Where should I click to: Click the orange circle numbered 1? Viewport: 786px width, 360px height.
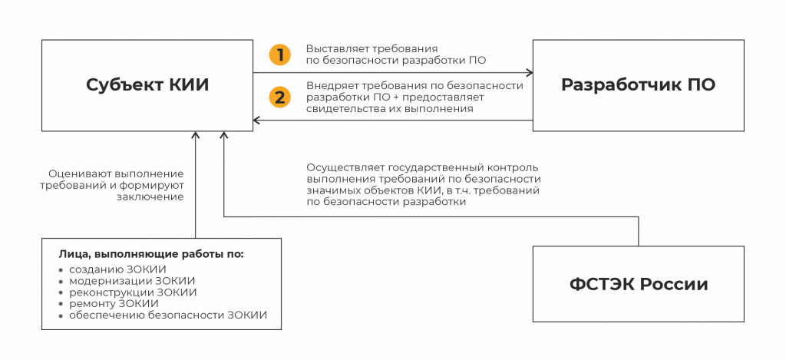[280, 54]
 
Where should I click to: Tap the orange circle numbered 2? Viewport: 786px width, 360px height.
[280, 97]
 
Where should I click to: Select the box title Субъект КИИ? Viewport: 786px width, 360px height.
[147, 85]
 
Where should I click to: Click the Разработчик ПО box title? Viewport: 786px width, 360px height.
[638, 84]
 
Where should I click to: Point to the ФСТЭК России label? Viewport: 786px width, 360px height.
[639, 284]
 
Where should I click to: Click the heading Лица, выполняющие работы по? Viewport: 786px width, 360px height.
[151, 254]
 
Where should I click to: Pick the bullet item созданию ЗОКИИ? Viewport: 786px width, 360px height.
[117, 269]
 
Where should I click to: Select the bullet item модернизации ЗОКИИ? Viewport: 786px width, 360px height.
[132, 281]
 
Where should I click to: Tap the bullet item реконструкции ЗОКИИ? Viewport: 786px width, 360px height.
[133, 292]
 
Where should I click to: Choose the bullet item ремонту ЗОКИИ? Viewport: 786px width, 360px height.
[114, 304]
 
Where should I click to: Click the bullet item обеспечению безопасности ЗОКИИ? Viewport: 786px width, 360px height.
[168, 316]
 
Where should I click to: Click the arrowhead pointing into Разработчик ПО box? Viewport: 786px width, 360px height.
[529, 73]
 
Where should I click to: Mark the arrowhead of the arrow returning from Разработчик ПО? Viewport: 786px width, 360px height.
[257, 121]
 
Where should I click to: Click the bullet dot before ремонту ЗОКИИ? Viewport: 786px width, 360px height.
[61, 304]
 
